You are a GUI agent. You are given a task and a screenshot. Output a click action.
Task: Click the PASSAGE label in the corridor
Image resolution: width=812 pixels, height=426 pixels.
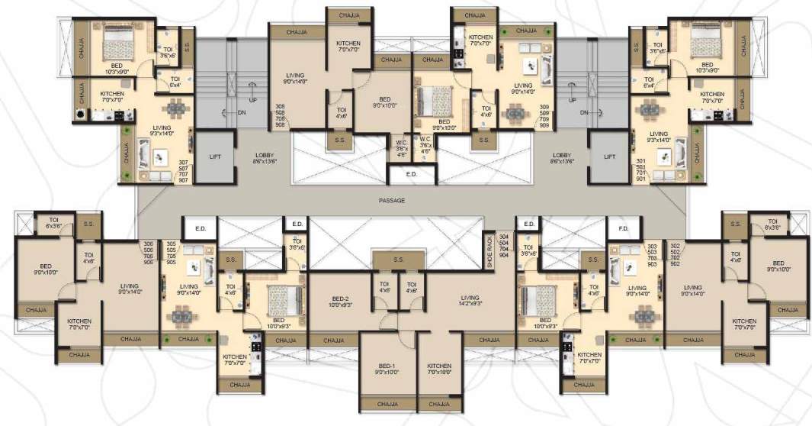pyautogui.click(x=391, y=201)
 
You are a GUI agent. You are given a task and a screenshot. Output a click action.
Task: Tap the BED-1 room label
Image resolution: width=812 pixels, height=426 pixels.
pyautogui.click(x=387, y=369)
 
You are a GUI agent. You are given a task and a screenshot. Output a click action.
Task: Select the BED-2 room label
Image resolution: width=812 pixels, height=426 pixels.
pyautogui.click(x=340, y=301)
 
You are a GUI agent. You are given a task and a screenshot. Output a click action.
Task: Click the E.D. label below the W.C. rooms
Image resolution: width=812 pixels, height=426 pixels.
pyautogui.click(x=412, y=175)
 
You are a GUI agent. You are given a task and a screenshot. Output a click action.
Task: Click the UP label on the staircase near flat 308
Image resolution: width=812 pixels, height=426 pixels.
pyautogui.click(x=252, y=100)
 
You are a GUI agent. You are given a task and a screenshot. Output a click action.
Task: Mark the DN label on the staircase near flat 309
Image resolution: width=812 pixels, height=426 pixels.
pyautogui.click(x=583, y=112)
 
